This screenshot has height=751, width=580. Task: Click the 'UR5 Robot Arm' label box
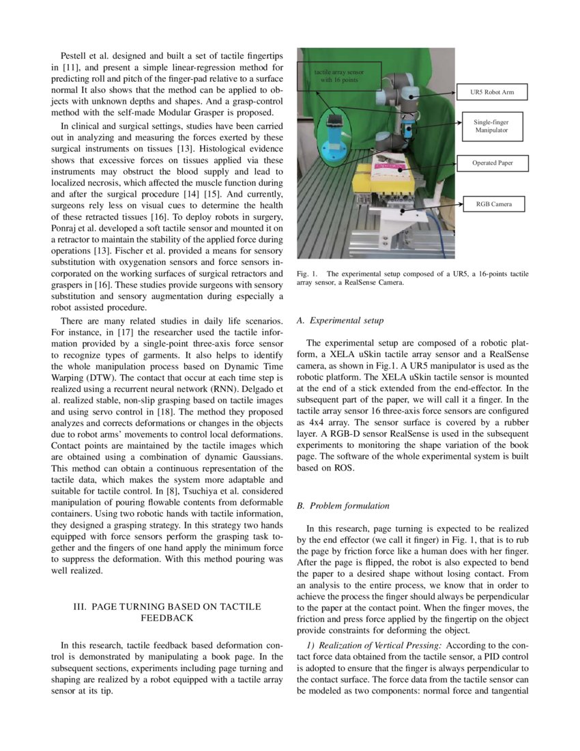[x=493, y=91]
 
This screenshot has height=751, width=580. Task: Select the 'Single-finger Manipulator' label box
[x=491, y=126]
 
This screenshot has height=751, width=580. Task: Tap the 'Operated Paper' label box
[x=492, y=163]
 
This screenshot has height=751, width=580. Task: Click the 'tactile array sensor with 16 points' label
[x=338, y=75]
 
